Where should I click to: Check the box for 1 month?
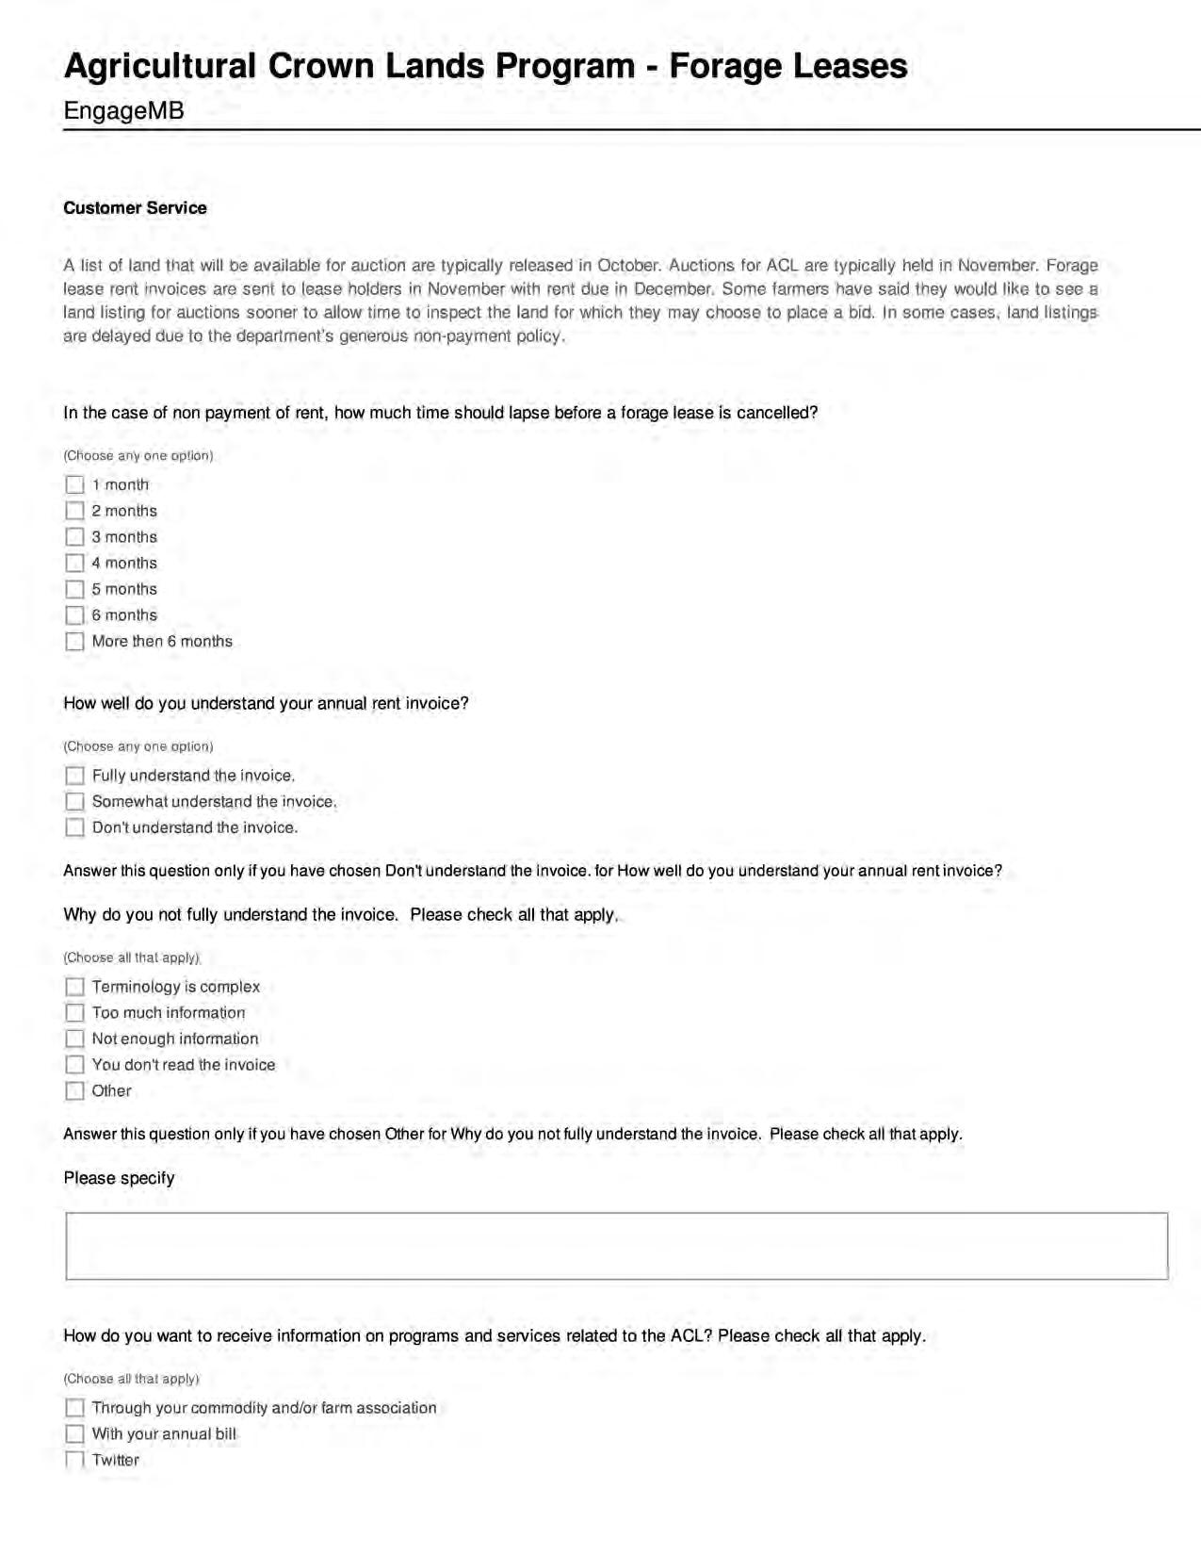(x=74, y=484)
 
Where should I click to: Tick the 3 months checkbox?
(x=74, y=537)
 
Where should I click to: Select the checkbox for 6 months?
(x=74, y=615)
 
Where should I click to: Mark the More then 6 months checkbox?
(x=74, y=642)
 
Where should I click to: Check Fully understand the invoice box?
(x=74, y=776)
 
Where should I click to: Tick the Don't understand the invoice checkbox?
(x=74, y=827)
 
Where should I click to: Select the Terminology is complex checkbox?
(x=74, y=987)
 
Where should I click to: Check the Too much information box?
(x=74, y=1013)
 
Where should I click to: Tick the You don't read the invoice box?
(x=74, y=1065)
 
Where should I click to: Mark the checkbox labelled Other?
(x=74, y=1091)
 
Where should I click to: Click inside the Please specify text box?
(x=616, y=1246)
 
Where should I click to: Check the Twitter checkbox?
(x=74, y=1460)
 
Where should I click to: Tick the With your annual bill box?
(x=74, y=1434)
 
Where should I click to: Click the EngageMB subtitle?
(x=123, y=111)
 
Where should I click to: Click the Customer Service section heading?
(x=135, y=208)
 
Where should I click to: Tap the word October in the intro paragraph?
(x=628, y=266)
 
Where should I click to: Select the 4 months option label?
(x=124, y=564)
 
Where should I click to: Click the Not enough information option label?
(x=175, y=1039)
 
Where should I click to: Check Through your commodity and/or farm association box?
(x=74, y=1408)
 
